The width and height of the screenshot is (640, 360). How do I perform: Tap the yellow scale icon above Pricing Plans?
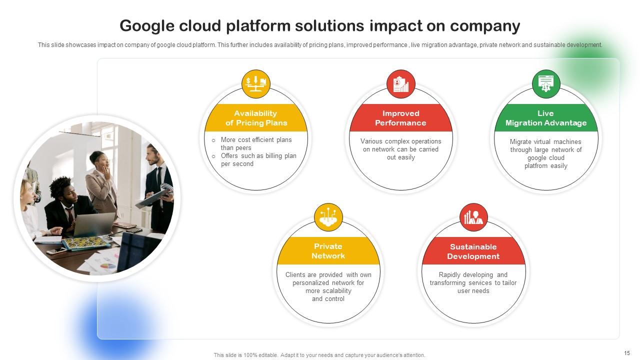256,83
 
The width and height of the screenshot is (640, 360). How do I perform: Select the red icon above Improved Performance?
401,83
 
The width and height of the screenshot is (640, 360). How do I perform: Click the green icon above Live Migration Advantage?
546,83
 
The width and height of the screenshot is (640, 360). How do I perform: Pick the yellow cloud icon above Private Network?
328,217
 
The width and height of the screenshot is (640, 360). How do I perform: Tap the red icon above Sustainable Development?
473,217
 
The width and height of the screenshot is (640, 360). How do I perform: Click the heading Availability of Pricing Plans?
256,118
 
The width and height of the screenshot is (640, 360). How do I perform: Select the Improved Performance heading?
401,118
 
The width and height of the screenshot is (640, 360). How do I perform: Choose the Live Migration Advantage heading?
546,118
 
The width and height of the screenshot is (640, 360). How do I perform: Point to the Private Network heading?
328,251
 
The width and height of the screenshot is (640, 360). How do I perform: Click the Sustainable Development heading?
473,251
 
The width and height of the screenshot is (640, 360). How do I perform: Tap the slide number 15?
627,353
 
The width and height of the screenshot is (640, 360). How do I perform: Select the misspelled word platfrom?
536,166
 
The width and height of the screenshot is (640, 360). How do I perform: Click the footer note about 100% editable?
319,355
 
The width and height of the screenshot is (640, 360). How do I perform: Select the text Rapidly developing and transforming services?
473,279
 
